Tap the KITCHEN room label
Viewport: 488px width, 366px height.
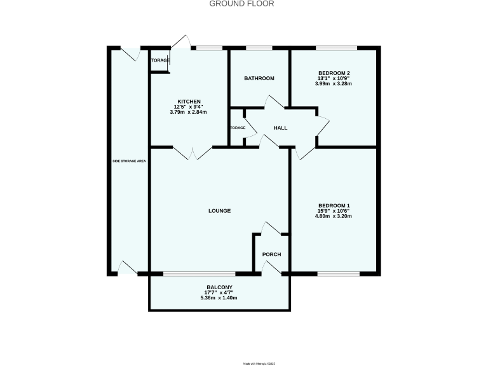pos(189,102)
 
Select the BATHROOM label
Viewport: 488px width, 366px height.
pos(259,78)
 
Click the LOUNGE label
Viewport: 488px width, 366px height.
pos(219,210)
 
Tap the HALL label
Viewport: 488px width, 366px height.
pos(280,128)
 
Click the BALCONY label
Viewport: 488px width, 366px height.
pos(219,287)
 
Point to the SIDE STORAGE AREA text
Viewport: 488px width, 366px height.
pos(130,161)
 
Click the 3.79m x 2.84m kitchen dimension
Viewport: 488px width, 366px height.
pos(189,112)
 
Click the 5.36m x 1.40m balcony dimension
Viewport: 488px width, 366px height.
pos(219,297)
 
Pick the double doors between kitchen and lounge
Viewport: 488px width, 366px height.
pos(193,152)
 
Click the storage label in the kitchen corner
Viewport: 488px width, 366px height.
pos(159,60)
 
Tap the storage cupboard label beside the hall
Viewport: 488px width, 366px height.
pos(238,128)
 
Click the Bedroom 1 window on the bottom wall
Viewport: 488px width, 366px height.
pos(338,274)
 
